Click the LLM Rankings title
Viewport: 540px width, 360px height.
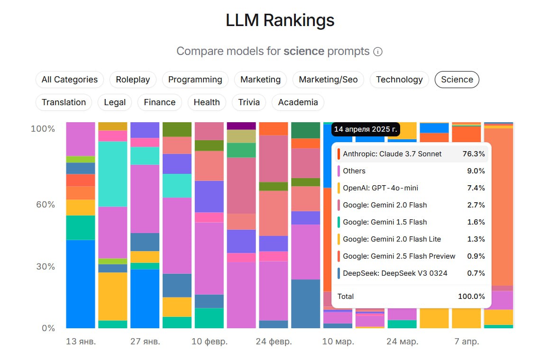point(280,20)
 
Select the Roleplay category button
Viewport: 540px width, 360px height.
point(133,80)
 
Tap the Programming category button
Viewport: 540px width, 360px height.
point(195,80)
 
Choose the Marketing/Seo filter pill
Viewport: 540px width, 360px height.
point(328,80)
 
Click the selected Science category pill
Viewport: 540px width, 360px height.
point(457,80)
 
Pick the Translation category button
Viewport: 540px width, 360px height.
point(64,102)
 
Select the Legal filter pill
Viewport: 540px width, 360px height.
point(115,102)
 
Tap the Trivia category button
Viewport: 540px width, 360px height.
point(249,102)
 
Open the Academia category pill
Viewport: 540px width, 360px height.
point(298,102)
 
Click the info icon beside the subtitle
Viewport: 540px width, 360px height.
point(378,52)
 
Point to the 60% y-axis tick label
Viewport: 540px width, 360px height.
point(43,205)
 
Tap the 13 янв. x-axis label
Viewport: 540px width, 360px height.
point(81,342)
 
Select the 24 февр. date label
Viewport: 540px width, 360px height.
point(274,342)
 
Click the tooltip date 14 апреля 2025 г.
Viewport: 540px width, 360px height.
point(365,129)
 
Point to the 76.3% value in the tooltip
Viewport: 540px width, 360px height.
point(474,154)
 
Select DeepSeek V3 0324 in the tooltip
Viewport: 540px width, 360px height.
point(395,273)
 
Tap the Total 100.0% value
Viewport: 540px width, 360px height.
point(471,297)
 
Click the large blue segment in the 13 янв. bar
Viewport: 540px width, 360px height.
point(80,284)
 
